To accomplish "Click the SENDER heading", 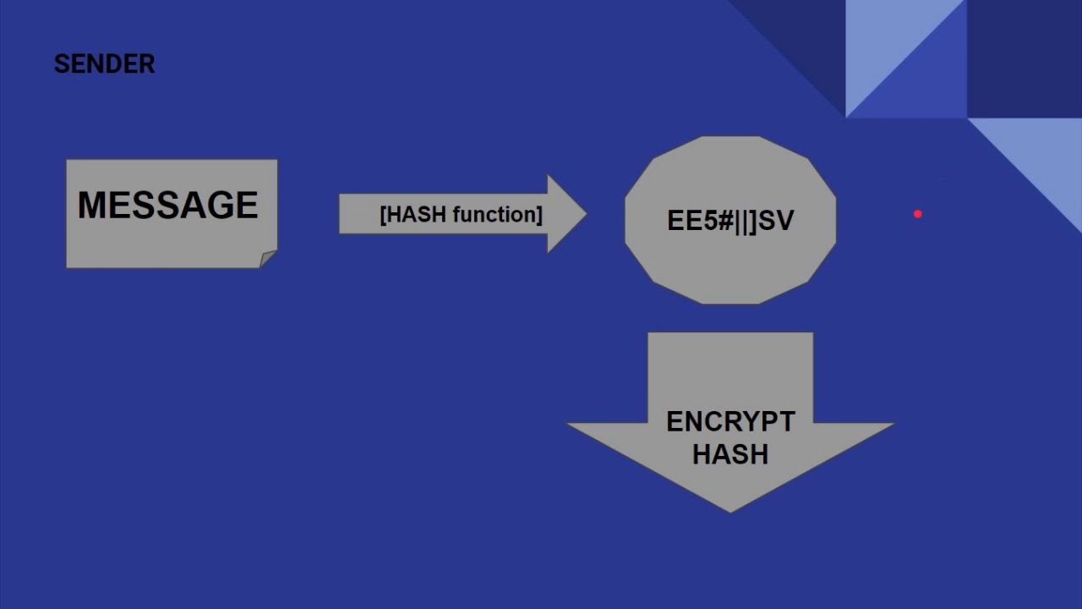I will (x=104, y=64).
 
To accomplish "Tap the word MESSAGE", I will (x=167, y=206).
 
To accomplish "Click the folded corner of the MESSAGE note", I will (x=268, y=259).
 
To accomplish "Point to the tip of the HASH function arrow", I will (x=585, y=214).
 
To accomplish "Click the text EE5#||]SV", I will (x=730, y=221).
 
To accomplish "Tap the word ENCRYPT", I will (x=730, y=422).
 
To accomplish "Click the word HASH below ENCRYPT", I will (x=730, y=454).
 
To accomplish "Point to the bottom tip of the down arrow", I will (x=730, y=511).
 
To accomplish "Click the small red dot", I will (x=918, y=215).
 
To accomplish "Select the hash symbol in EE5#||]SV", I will (x=725, y=221).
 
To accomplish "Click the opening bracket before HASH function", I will (x=384, y=215).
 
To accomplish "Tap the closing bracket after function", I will (x=538, y=215).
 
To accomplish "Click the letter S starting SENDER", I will (x=61, y=64).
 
